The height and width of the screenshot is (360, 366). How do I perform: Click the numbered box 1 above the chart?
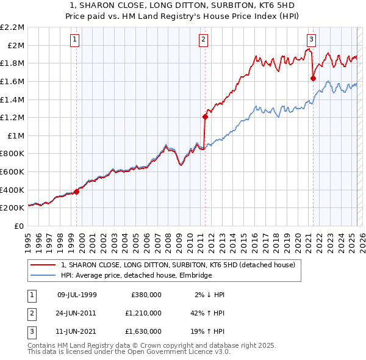[74, 40]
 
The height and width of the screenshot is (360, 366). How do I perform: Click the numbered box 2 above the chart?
[203, 40]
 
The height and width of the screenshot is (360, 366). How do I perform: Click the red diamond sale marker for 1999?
[77, 192]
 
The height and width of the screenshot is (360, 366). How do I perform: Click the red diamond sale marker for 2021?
[313, 78]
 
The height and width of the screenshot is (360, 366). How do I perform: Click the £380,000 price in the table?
[146, 295]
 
